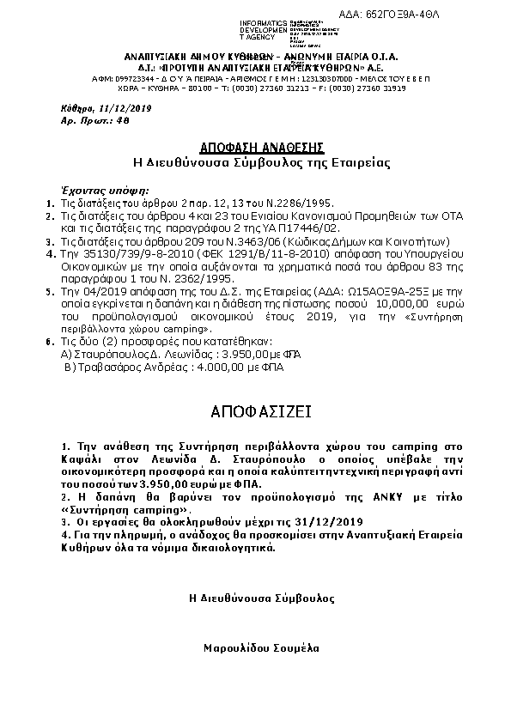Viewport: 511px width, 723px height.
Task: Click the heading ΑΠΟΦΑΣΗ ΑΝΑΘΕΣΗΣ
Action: click(x=255, y=146)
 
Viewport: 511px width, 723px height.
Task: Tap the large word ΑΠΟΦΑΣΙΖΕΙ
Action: click(x=255, y=412)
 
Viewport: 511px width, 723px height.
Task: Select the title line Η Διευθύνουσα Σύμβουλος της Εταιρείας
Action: click(x=255, y=161)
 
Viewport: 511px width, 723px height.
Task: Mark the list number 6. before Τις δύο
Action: click(x=51, y=342)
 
